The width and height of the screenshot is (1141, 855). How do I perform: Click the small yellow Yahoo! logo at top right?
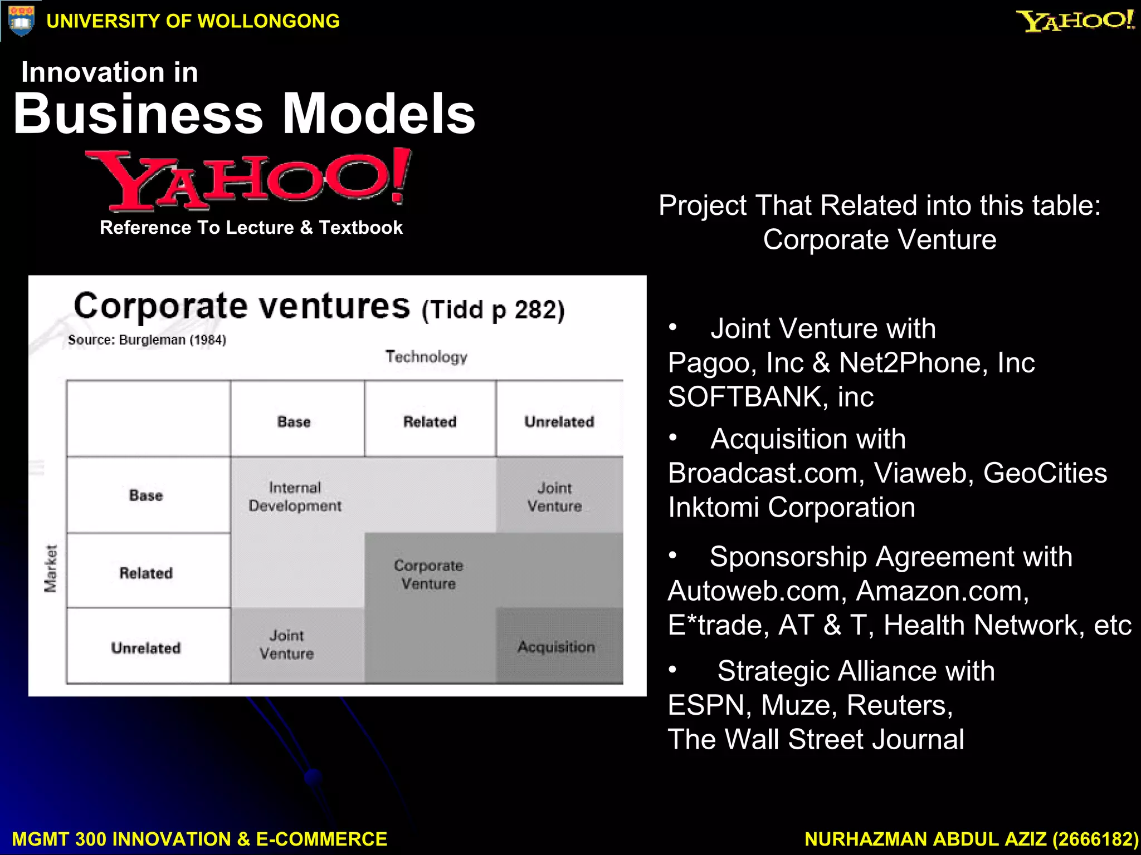point(1075,21)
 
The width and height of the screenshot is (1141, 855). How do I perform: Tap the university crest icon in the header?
point(21,21)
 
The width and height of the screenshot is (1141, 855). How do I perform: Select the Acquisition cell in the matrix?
point(556,647)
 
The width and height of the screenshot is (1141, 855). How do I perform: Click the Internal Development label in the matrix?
point(295,497)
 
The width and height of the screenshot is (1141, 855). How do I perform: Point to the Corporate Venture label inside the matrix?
point(428,574)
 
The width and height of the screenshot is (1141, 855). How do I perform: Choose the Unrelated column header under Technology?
point(559,421)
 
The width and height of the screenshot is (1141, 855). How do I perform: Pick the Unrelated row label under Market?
point(146,648)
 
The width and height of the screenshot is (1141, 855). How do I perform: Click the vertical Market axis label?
point(51,568)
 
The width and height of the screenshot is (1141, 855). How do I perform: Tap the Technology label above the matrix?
point(426,356)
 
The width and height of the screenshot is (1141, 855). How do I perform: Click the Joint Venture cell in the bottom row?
point(287,645)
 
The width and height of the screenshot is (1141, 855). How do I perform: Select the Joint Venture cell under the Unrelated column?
point(554,497)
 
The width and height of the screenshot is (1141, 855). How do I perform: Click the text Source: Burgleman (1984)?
point(147,340)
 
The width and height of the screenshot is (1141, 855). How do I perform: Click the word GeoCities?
point(1045,474)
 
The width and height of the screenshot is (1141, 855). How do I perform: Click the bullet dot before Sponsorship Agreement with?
point(673,555)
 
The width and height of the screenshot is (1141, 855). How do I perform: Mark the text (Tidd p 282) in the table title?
point(493,310)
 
